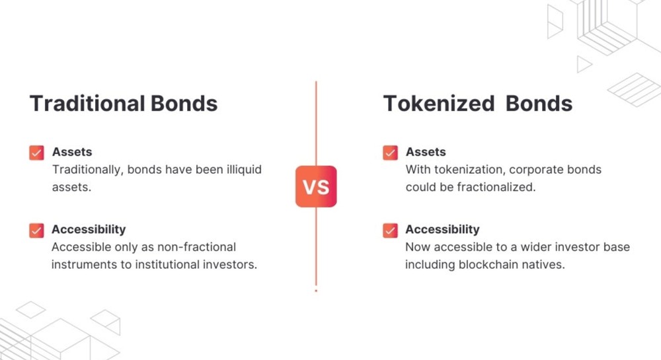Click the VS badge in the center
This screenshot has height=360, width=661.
pos(316,186)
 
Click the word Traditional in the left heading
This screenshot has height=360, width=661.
pos(87,104)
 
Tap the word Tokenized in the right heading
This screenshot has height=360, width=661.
pos(439,104)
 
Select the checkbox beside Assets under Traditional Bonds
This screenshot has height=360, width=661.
pos(36,153)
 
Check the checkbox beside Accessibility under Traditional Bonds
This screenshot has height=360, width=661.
pos(36,231)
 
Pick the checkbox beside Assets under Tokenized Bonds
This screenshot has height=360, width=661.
pos(391,153)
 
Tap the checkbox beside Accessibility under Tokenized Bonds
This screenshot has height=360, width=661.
pos(391,231)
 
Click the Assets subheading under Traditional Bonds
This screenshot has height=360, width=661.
pos(72,151)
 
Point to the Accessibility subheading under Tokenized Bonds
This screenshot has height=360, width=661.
pos(443,229)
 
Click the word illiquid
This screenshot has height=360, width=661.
pos(244,169)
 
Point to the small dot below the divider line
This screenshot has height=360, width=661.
pos(316,291)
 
